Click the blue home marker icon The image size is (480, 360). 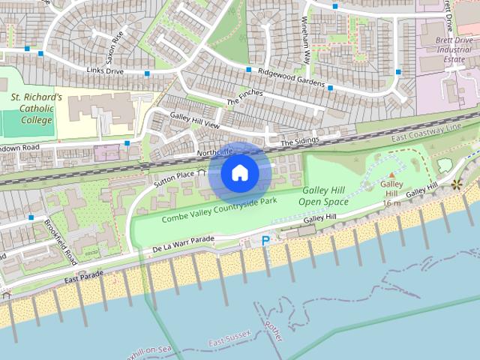(x=239, y=172)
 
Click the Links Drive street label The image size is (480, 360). (x=104, y=71)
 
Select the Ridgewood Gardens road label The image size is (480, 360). (x=290, y=78)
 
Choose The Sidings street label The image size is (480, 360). (x=300, y=141)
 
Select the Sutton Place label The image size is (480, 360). (x=174, y=178)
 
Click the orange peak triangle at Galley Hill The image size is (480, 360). (x=391, y=175)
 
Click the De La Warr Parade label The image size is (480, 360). (x=183, y=243)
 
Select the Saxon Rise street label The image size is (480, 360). (x=112, y=45)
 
